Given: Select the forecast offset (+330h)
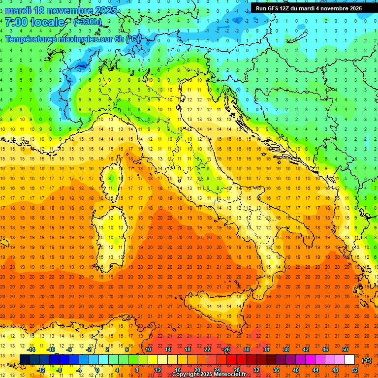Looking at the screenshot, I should coord(88,22).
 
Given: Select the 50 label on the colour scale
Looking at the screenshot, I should coord(345,349).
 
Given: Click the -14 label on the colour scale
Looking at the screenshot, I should coord(31,349).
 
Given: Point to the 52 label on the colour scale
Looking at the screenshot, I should coord(355,370).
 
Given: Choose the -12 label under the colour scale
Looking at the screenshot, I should coord(41,370).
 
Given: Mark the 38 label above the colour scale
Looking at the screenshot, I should coord(285,349).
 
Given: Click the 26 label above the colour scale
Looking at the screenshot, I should coord(226,349).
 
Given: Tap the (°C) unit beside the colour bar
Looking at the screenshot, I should coord(367,360).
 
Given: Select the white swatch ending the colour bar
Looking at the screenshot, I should coord(349,360).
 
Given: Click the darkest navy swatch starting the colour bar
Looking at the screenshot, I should coord(25,360).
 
